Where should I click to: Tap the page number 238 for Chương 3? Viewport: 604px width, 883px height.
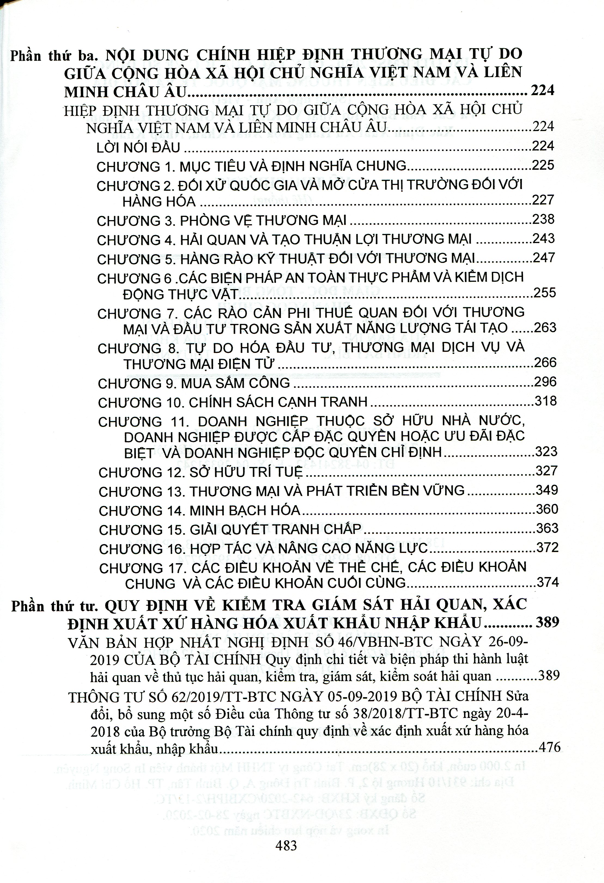543,219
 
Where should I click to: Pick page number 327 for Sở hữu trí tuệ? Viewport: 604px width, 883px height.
546,471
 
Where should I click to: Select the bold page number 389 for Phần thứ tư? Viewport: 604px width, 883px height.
547,622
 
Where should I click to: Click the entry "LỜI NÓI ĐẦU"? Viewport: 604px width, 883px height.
138,147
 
